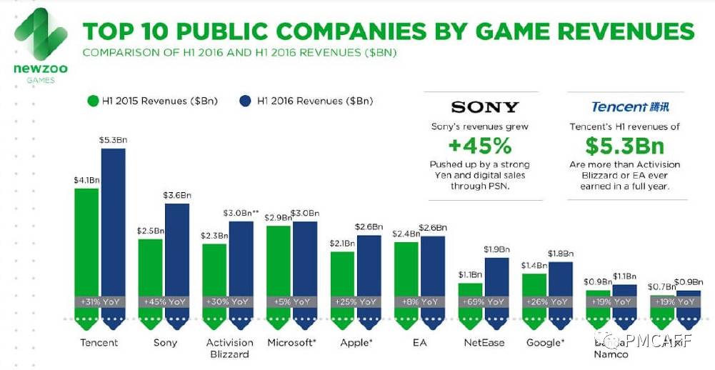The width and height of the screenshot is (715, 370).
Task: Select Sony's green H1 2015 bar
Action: (150, 268)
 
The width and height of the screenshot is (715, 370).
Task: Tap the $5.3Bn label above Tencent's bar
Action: (113, 139)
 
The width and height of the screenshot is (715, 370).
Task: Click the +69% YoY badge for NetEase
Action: (484, 301)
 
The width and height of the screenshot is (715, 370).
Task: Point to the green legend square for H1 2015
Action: (91, 101)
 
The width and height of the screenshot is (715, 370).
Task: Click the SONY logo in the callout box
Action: (485, 107)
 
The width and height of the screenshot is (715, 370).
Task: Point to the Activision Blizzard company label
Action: (229, 348)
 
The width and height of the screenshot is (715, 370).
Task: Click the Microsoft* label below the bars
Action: (291, 342)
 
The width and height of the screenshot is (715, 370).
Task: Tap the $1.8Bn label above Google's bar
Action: (560, 254)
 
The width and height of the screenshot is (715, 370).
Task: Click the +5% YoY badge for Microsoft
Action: (291, 301)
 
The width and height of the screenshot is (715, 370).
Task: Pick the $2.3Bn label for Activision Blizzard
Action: (214, 236)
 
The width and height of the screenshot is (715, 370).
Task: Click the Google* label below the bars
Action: (545, 342)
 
